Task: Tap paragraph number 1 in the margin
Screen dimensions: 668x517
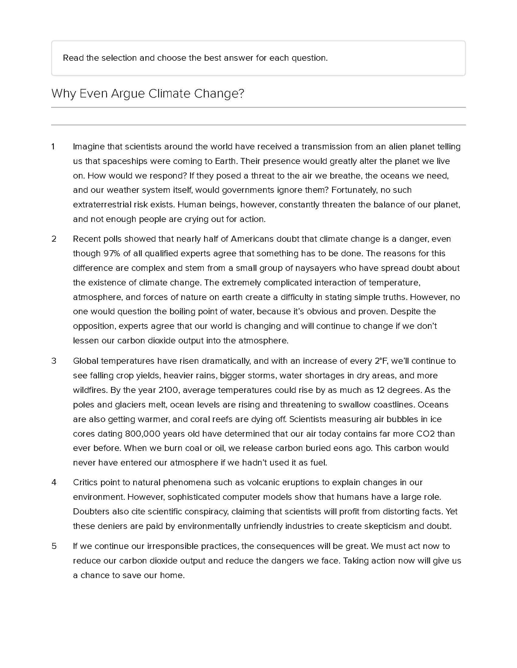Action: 53,147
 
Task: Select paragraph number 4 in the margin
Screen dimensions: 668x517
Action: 54,482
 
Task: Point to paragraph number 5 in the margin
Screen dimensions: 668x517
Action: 54,546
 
